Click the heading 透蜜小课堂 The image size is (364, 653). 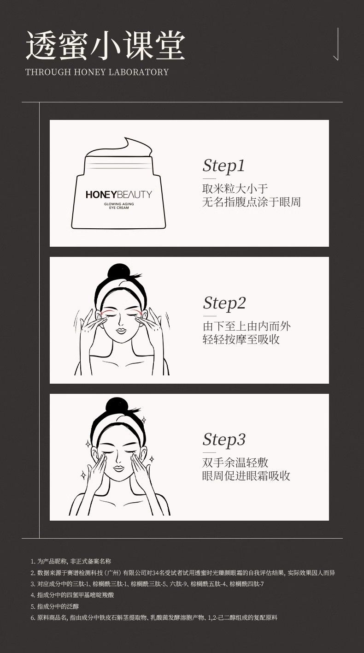click(x=105, y=46)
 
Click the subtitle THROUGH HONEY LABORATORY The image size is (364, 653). click(x=97, y=72)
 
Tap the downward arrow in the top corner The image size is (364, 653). click(x=337, y=44)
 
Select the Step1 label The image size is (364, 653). click(x=223, y=166)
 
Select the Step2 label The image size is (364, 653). click(x=224, y=303)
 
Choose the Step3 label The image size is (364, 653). click(x=224, y=440)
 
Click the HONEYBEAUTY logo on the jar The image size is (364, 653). click(x=119, y=195)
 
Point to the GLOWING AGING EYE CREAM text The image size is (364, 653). click(x=119, y=206)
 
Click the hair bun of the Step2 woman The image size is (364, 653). click(x=117, y=272)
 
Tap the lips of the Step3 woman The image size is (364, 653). click(x=118, y=468)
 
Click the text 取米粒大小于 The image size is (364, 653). click(x=235, y=189)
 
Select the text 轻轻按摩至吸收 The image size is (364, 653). click(x=241, y=339)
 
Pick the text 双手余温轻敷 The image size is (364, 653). click(x=235, y=463)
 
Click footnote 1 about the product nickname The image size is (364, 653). click(x=71, y=561)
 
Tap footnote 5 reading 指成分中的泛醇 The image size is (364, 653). click(x=55, y=606)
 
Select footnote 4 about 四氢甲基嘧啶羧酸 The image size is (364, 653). click(x=72, y=595)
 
